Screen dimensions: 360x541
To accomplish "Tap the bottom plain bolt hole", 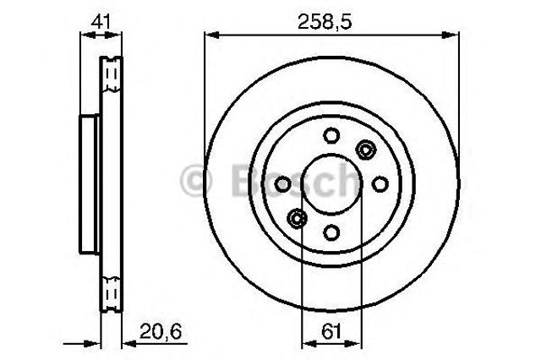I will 331,233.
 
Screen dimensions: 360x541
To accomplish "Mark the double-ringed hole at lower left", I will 296,218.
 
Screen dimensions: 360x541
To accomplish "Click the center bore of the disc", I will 331,183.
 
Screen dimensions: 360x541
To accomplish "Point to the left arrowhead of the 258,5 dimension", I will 210,34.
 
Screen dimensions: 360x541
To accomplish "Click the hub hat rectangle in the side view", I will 89,183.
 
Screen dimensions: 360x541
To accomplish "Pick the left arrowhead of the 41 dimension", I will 83,34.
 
